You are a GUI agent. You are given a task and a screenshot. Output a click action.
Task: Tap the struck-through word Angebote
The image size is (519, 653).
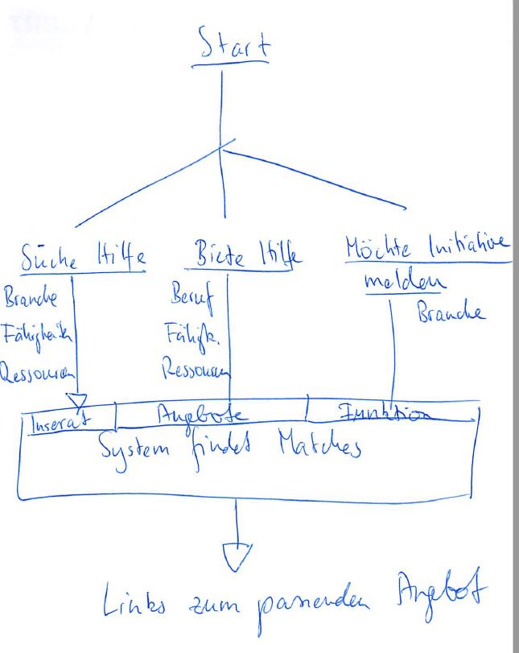click(212, 415)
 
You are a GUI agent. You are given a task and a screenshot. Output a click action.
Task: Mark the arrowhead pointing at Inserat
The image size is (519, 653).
click(77, 400)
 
